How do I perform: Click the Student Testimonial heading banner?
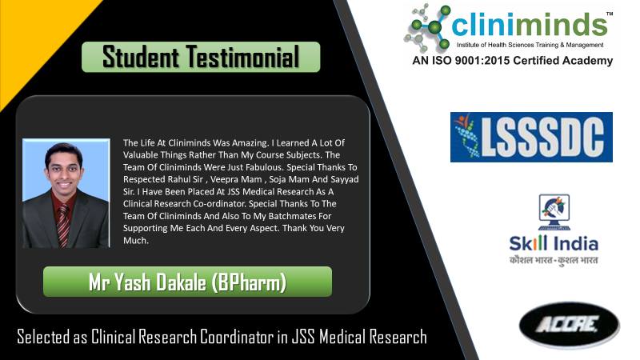(201, 57)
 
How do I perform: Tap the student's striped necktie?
(63, 226)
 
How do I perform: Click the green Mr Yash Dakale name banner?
(187, 282)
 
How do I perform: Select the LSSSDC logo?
(531, 137)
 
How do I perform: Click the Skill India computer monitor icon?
(554, 212)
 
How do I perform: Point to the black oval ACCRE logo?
(570, 326)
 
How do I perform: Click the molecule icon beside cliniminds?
(427, 27)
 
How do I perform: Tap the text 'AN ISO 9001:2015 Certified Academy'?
(513, 61)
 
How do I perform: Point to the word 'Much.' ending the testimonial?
(136, 241)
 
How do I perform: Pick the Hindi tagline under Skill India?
(554, 260)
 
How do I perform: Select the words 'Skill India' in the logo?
(554, 244)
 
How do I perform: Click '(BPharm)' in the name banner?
(249, 282)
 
